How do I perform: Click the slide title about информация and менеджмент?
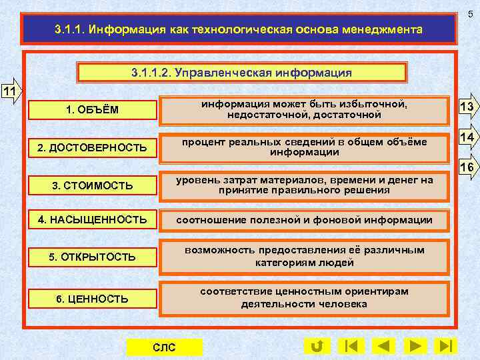[238, 30]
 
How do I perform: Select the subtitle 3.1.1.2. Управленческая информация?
[242, 72]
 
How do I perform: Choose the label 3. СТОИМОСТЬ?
[92, 185]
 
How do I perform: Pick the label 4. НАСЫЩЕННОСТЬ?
[92, 219]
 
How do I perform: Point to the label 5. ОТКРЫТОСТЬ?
[92, 257]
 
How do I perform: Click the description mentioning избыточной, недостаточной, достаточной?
[305, 110]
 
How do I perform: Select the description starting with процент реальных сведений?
[305, 147]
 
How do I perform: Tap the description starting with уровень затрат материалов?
[305, 185]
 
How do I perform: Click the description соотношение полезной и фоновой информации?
[305, 220]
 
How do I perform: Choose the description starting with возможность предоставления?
[305, 257]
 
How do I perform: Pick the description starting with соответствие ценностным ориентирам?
[305, 298]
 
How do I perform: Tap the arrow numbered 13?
[467, 108]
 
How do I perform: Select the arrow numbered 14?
[467, 137]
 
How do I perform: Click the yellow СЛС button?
[164, 347]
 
